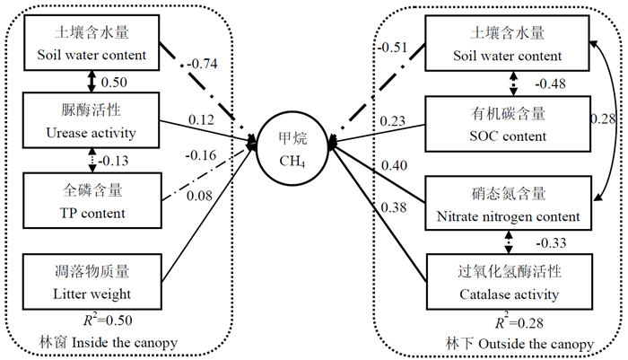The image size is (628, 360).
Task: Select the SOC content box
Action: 507,126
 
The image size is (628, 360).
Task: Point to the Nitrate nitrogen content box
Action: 507,204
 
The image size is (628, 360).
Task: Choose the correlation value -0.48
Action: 548,85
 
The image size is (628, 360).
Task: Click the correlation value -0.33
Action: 548,242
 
